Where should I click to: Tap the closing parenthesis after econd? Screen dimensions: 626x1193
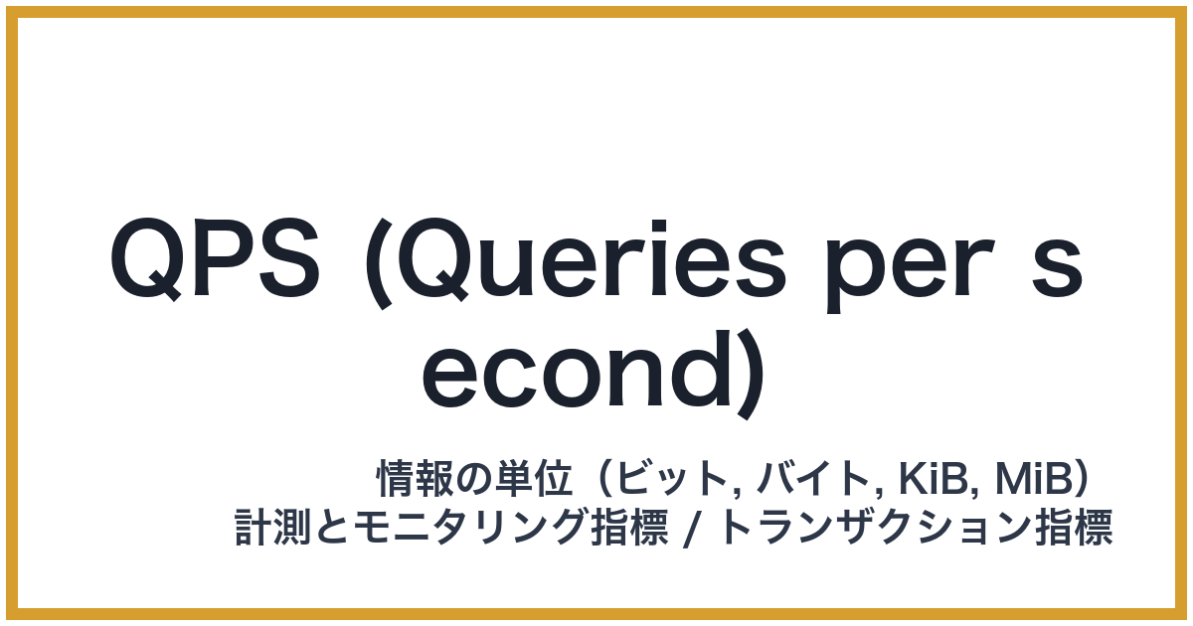(x=753, y=376)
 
